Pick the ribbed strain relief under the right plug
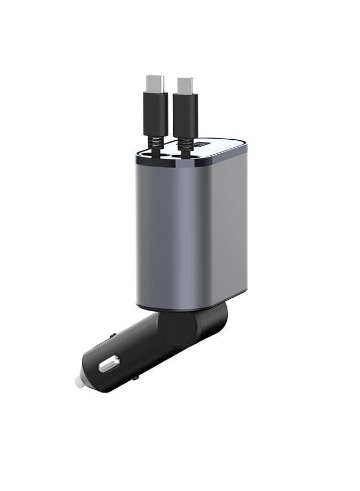(x=185, y=146)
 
